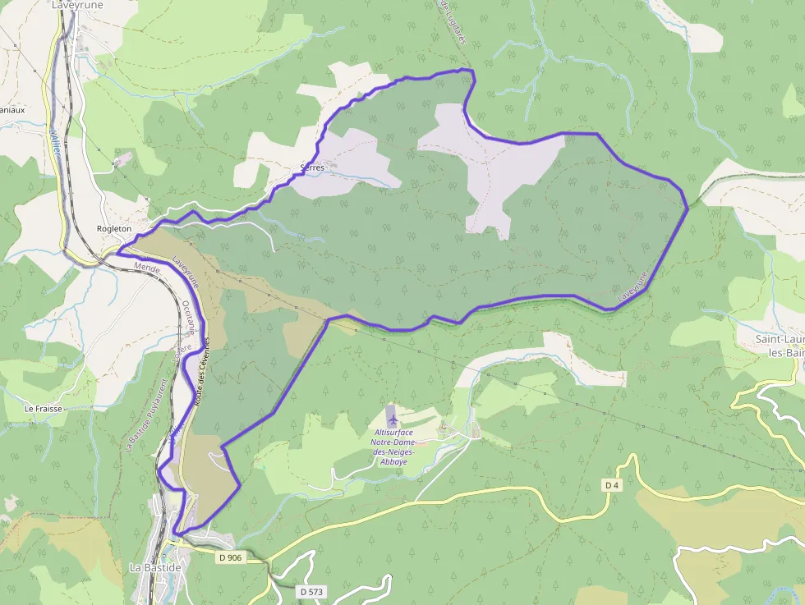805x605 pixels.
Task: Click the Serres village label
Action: (312, 167)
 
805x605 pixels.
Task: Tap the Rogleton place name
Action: (113, 228)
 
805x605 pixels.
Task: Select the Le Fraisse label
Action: (43, 408)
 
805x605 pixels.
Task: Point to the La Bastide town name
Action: (155, 567)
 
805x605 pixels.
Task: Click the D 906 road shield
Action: (232, 557)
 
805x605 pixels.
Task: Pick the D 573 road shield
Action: (311, 591)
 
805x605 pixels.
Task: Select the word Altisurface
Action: (393, 433)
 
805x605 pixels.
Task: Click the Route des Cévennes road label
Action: (202, 369)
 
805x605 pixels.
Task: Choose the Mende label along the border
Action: (146, 268)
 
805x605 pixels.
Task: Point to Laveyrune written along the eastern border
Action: (633, 284)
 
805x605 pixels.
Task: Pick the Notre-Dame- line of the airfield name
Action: (393, 442)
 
